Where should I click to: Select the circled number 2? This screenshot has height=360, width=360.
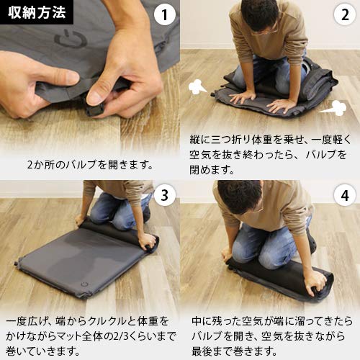tap(343, 15)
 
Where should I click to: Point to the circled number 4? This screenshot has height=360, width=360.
tap(343, 195)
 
